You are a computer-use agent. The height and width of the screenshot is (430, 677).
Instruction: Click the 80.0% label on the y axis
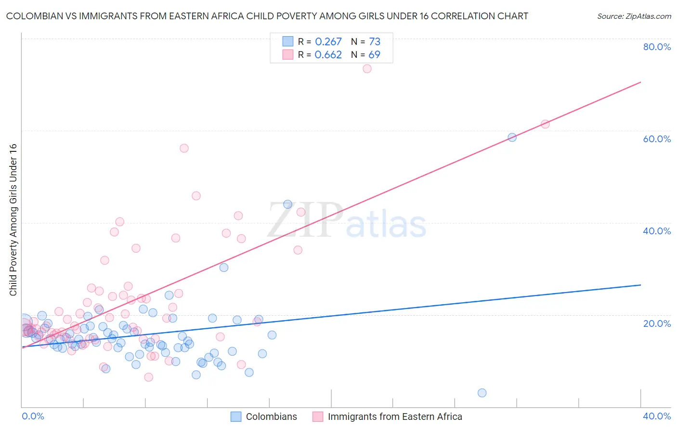(x=657, y=47)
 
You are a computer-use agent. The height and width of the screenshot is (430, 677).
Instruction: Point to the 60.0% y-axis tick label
(x=657, y=139)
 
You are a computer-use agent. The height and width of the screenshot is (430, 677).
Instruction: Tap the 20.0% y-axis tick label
(x=657, y=323)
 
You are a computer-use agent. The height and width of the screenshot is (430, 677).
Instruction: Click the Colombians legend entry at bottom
(x=271, y=417)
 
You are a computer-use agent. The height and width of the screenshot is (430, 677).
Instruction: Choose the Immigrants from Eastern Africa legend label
(x=395, y=417)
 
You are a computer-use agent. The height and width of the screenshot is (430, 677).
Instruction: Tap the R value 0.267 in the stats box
(x=328, y=42)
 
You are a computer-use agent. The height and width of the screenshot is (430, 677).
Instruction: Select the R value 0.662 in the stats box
(x=328, y=55)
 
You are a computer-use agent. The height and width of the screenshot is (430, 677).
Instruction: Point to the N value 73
(x=375, y=42)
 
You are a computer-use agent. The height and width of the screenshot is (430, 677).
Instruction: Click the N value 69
(x=374, y=55)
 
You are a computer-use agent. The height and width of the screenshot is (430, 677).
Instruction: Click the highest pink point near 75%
(x=367, y=68)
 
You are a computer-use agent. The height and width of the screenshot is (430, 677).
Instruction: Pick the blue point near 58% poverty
(x=512, y=137)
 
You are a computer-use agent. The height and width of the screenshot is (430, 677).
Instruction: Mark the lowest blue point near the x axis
(x=482, y=393)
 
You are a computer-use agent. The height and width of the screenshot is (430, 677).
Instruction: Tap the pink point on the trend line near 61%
(x=545, y=124)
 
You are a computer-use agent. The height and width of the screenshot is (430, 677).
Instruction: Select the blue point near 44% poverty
(x=287, y=204)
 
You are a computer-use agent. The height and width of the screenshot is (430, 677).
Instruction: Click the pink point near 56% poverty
(x=184, y=148)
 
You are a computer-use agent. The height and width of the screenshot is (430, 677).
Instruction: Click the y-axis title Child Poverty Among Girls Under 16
(x=13, y=220)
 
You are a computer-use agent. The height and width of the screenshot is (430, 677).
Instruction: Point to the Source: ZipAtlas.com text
(x=634, y=16)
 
